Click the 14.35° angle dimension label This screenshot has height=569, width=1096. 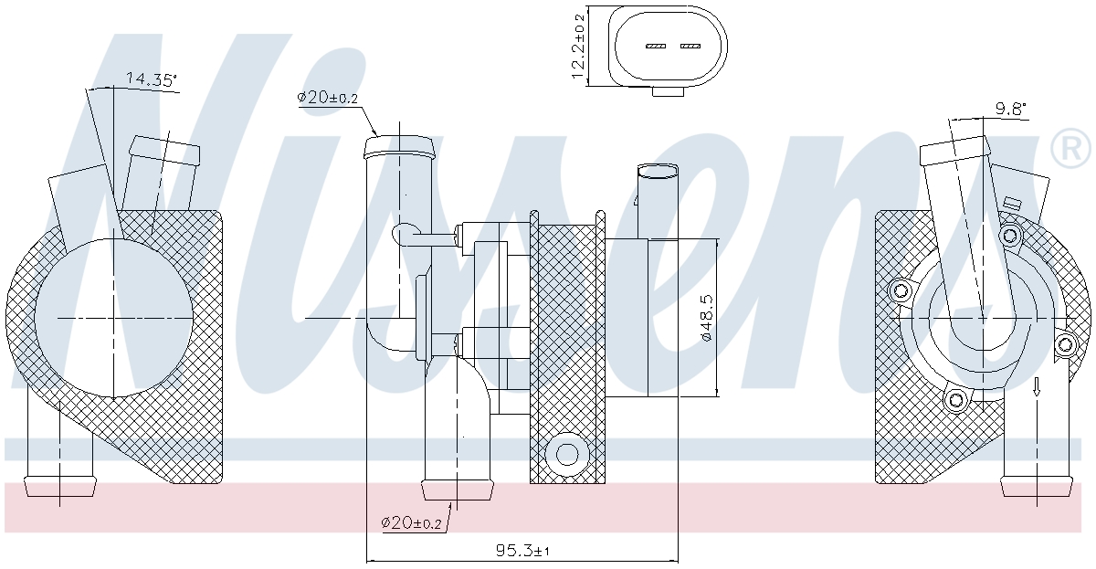(x=152, y=79)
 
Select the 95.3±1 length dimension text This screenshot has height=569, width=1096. (x=522, y=551)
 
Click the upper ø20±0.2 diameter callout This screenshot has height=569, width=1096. (x=328, y=98)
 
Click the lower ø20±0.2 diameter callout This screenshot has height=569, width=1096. (x=411, y=523)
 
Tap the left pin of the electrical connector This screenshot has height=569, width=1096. (x=656, y=46)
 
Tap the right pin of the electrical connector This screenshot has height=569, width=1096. (x=690, y=46)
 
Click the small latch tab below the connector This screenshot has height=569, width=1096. (x=668, y=92)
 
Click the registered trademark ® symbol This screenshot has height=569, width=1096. (x=1071, y=149)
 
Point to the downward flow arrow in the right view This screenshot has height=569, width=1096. (x=1037, y=386)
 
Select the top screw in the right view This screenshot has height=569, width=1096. (x=1010, y=237)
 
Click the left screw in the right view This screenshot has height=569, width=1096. (x=901, y=291)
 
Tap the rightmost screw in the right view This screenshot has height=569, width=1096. (x=1065, y=345)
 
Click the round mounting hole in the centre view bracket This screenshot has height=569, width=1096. (x=567, y=454)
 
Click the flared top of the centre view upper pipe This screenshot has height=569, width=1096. (x=399, y=147)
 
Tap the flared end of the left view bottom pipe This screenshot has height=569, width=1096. (x=59, y=485)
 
